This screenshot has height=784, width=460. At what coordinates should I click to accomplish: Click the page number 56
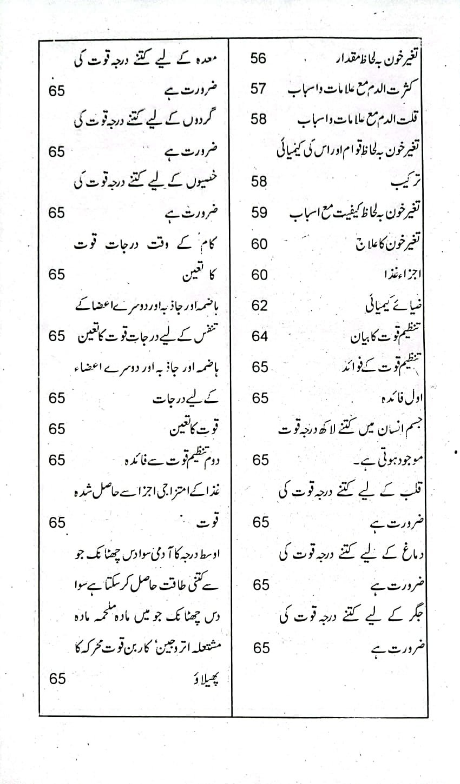259,58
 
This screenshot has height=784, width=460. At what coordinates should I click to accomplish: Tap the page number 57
259,89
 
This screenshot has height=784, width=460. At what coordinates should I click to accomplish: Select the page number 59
259,212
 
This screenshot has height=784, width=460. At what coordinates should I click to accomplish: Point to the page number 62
259,305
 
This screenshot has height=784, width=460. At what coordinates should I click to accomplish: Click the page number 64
259,336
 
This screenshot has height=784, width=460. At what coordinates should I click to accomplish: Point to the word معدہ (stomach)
213,59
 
